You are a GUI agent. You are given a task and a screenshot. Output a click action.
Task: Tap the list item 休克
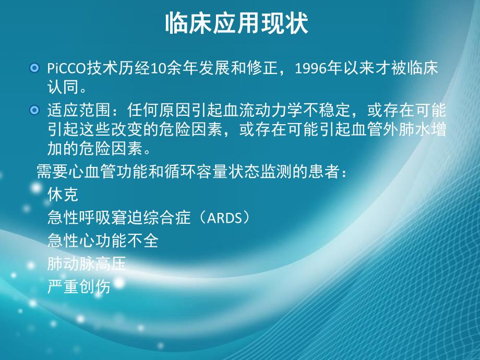[x=63, y=195]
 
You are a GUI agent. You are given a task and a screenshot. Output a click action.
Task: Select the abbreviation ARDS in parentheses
[x=225, y=218]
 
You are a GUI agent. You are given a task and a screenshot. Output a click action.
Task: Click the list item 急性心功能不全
[x=102, y=241]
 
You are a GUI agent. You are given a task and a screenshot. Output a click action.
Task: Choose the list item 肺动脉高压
[x=87, y=264]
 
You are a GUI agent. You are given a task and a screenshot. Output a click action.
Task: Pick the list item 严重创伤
[x=79, y=287]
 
